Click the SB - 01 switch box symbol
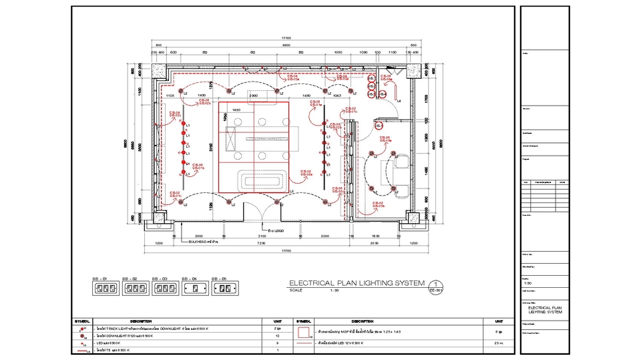pos(104,288)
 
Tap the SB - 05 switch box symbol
pos(224,288)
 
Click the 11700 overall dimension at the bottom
pos(286,251)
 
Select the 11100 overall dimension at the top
pos(286,38)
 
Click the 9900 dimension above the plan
pos(286,45)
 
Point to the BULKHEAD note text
pos(204,242)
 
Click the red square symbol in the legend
pos(302,331)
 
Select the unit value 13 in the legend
pos(277,336)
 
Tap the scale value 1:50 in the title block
pos(527,283)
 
